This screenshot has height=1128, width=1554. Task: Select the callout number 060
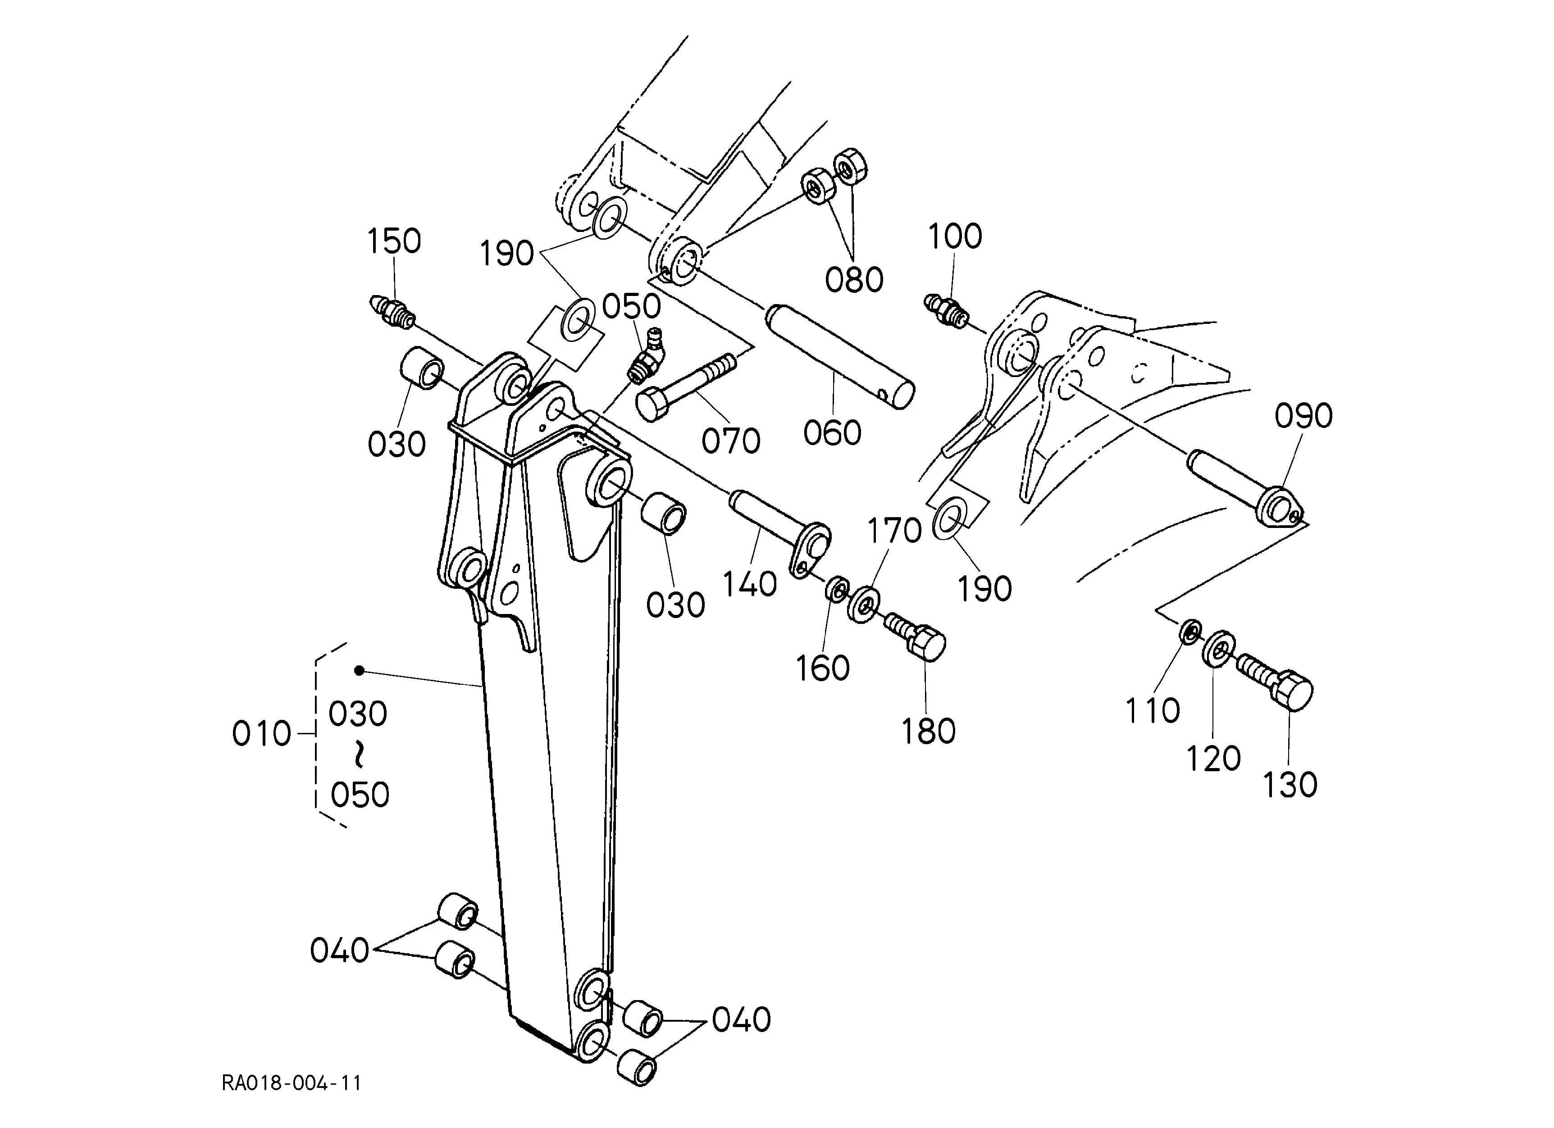832,433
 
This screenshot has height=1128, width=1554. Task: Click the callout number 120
1213,758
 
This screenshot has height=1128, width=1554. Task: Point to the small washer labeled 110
1190,630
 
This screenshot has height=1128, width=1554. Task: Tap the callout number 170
895,530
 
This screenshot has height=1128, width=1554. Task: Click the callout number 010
262,733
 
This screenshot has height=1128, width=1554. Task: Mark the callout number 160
822,668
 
